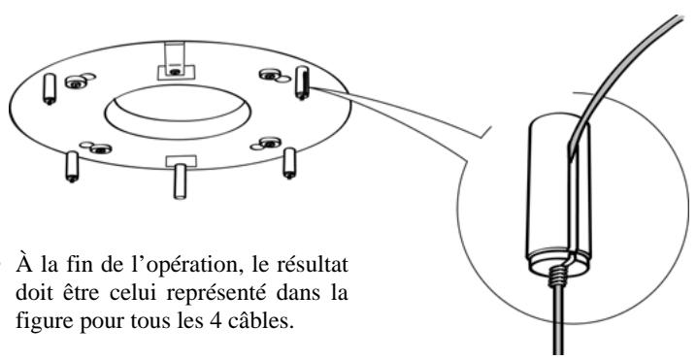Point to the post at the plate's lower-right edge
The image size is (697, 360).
pyautogui.click(x=288, y=161)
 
